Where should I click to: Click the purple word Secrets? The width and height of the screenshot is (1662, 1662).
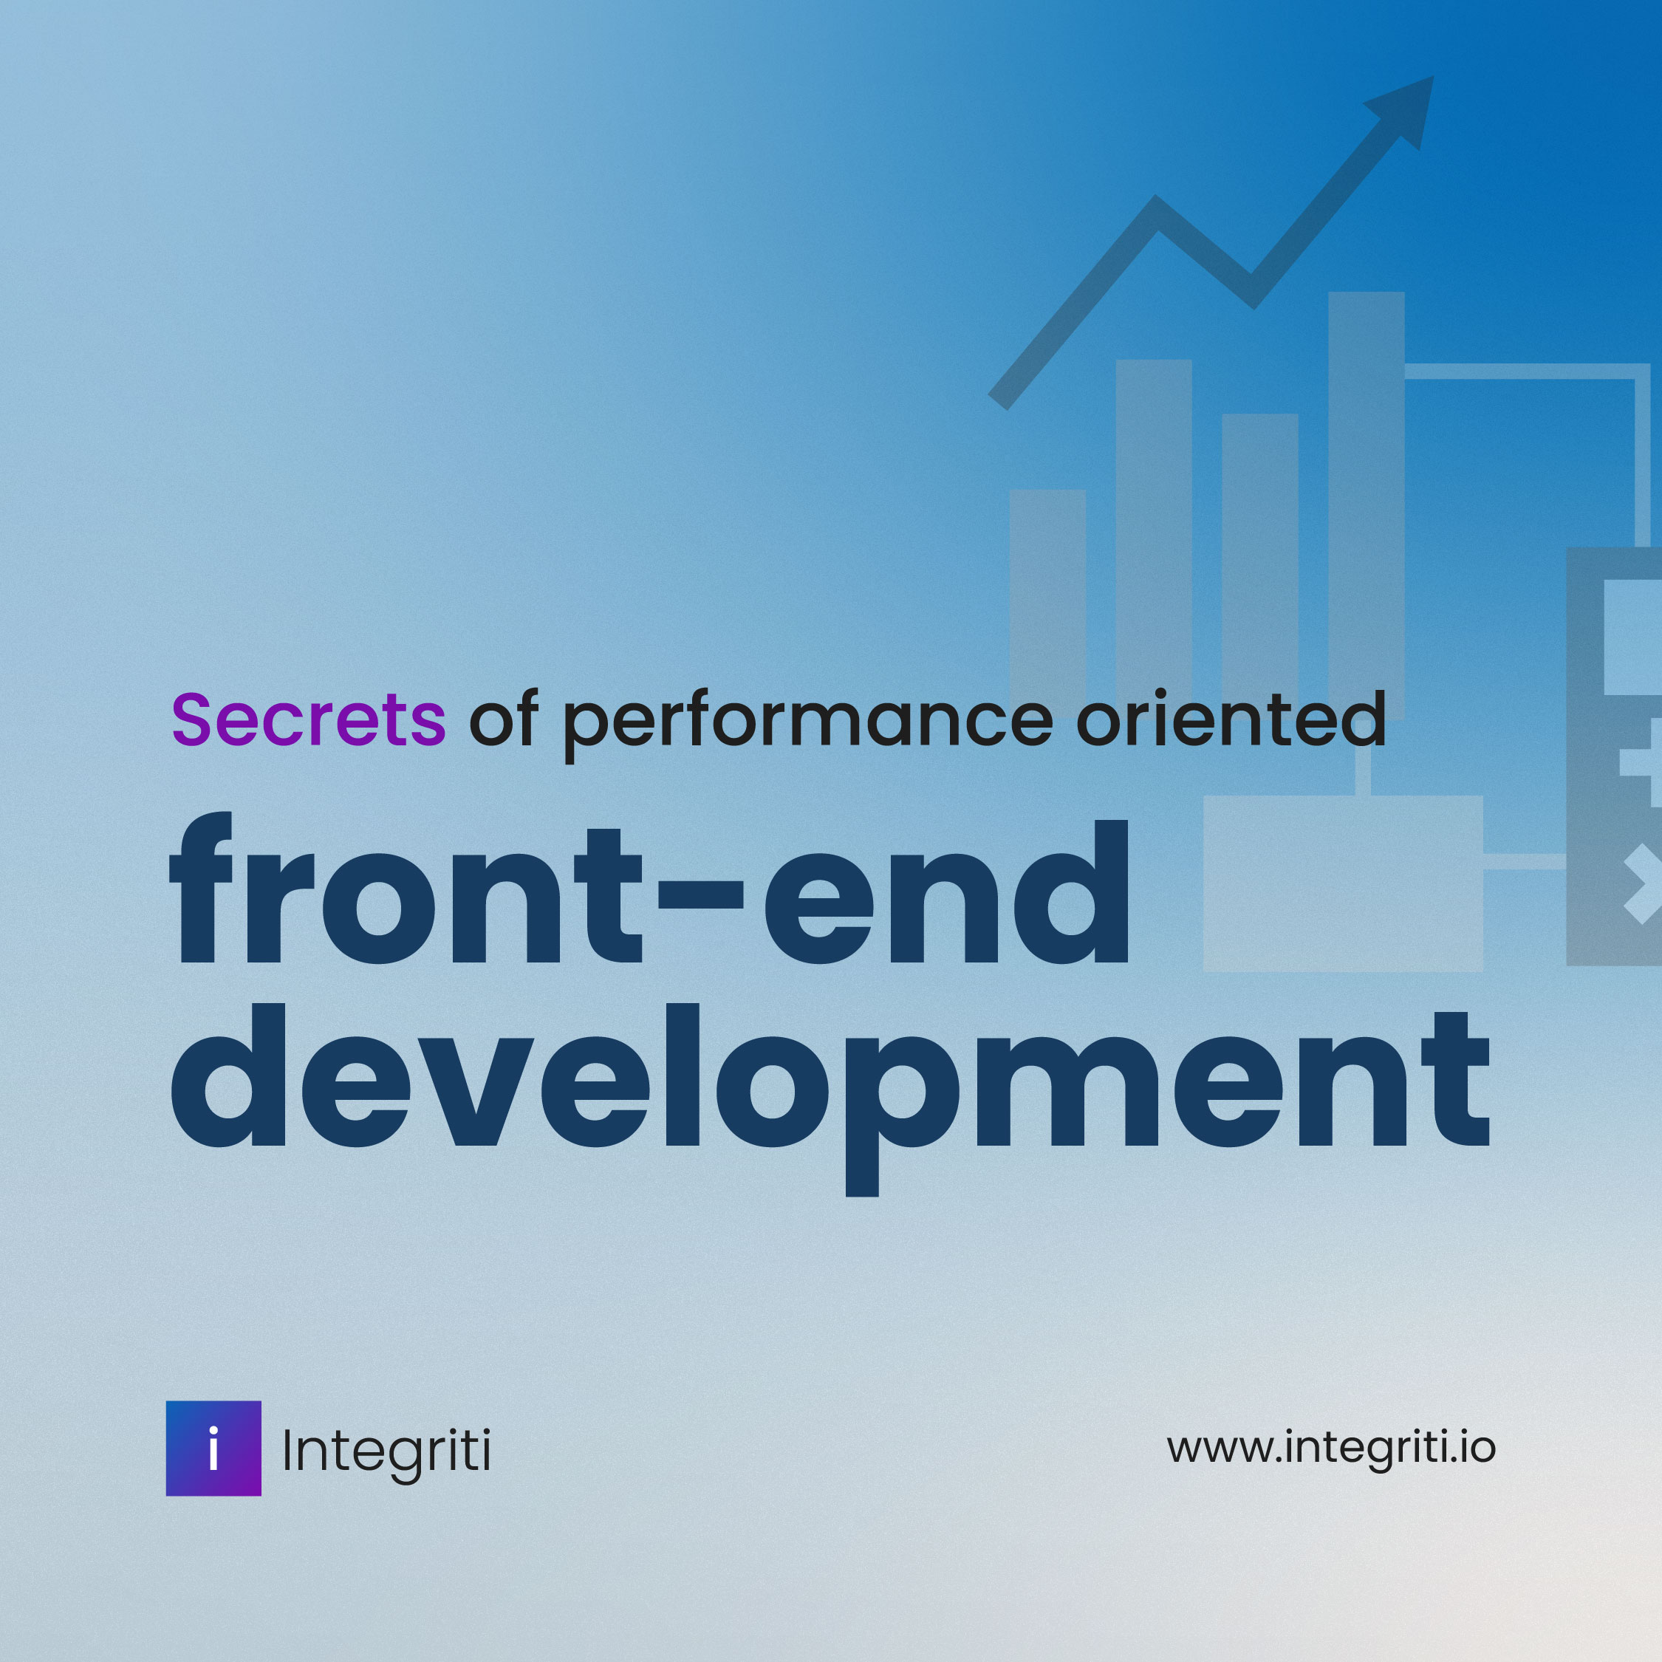(308, 719)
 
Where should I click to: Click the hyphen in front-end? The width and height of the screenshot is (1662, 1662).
(700, 895)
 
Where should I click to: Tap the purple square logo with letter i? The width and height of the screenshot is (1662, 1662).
(213, 1449)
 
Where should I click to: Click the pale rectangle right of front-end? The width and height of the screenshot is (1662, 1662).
(1342, 883)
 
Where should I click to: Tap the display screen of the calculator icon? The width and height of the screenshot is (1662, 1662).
(1632, 637)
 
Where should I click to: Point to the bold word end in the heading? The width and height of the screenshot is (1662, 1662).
(946, 895)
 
